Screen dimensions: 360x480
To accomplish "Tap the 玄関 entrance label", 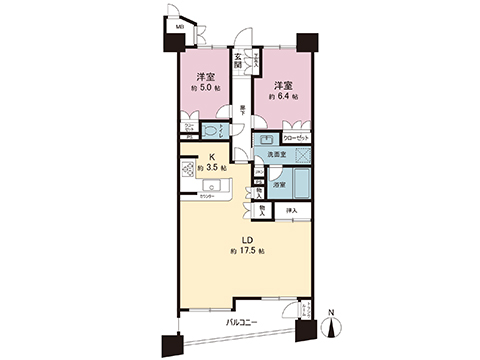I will click(x=239, y=60).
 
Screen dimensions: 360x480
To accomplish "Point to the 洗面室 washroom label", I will click(x=275, y=154).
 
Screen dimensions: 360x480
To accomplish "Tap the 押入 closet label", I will click(x=292, y=211).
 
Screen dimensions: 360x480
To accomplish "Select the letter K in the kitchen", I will click(x=212, y=156).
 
